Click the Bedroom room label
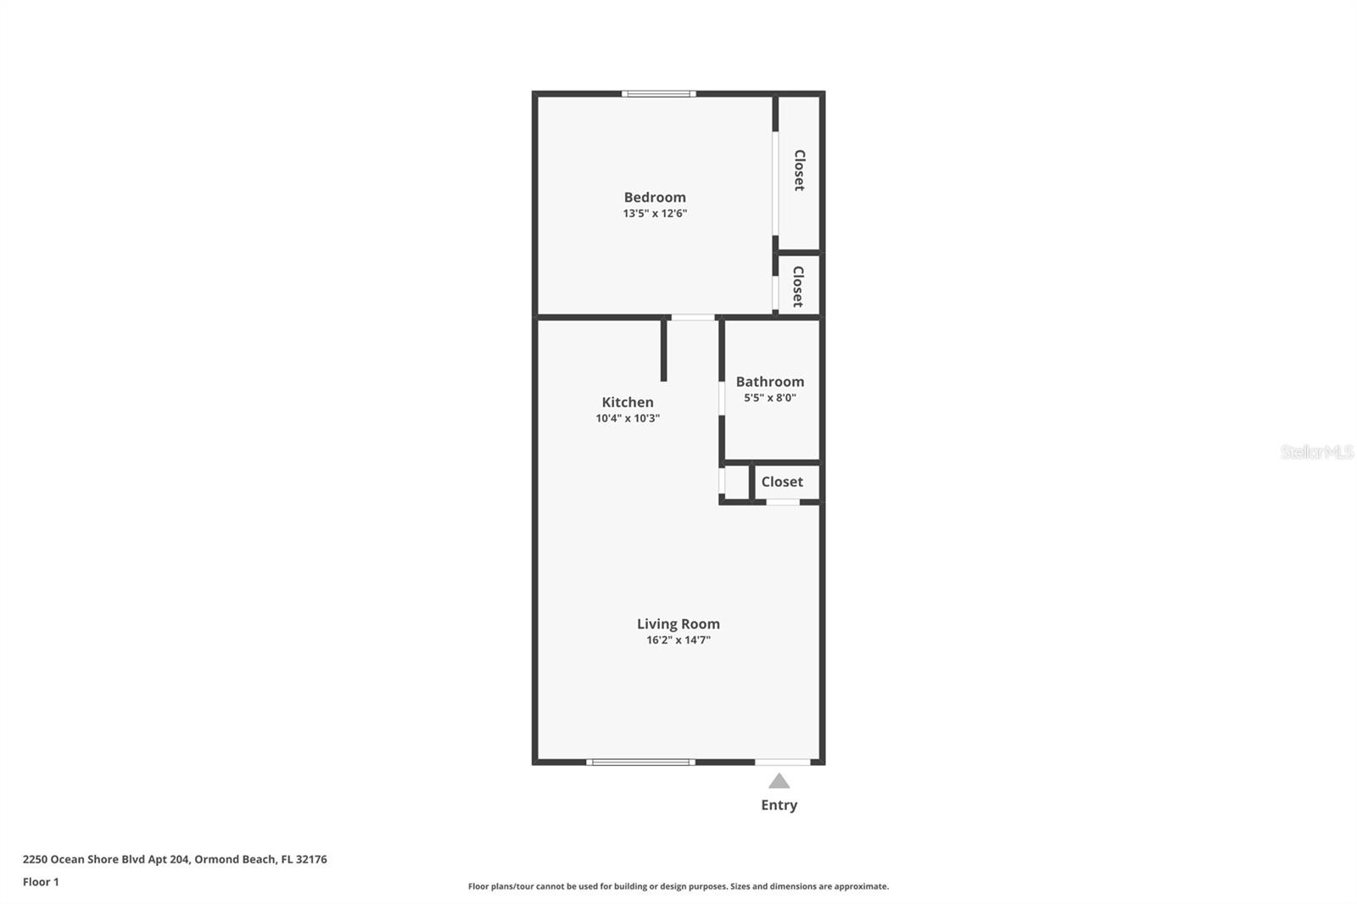pyautogui.click(x=655, y=198)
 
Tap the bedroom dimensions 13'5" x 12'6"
pyautogui.click(x=655, y=214)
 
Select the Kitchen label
pyautogui.click(x=628, y=402)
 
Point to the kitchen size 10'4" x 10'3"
pyautogui.click(x=628, y=418)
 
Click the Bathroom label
pyautogui.click(x=769, y=382)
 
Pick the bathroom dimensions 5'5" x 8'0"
pyautogui.click(x=769, y=398)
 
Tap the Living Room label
pyautogui.click(x=678, y=624)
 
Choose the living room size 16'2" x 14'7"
pyautogui.click(x=678, y=640)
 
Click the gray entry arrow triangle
pyautogui.click(x=779, y=781)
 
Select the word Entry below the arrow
pyautogui.click(x=779, y=805)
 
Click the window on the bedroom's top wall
pyautogui.click(x=658, y=93)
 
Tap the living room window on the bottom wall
pyautogui.click(x=640, y=762)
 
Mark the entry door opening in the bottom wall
pyautogui.click(x=782, y=762)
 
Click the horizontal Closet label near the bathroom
pyautogui.click(x=781, y=482)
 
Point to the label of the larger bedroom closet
pyautogui.click(x=799, y=170)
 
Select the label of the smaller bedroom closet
pyautogui.click(x=798, y=286)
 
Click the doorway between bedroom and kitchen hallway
pyautogui.click(x=693, y=317)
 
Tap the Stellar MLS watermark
pyautogui.click(x=1316, y=452)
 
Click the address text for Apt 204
pyautogui.click(x=175, y=859)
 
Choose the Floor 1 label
pyautogui.click(x=41, y=882)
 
